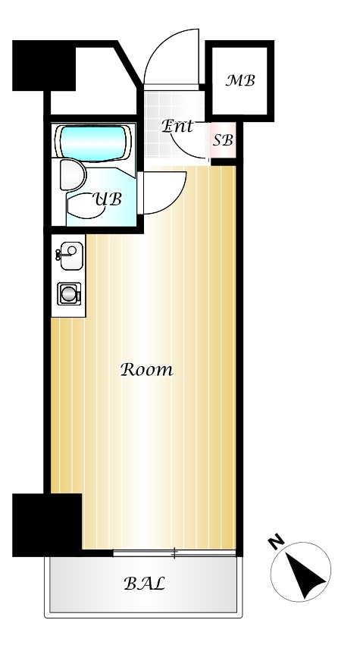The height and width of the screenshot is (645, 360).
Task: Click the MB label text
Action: point(240,80)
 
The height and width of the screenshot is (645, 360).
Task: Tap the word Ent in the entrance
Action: point(177,127)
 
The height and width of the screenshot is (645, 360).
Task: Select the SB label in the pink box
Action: point(223,141)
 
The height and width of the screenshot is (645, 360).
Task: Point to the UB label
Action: point(108,199)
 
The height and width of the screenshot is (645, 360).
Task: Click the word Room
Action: point(147,370)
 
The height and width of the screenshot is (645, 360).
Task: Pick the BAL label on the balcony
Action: point(145,584)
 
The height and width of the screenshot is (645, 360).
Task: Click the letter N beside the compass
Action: point(277,541)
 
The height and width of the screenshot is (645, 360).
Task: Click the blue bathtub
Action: point(93,143)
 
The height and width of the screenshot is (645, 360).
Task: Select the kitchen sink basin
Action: point(71,255)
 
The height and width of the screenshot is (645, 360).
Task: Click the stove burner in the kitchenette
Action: point(69,294)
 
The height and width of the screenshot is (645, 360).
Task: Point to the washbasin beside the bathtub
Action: point(72,175)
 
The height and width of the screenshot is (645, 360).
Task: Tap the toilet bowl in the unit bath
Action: point(85,206)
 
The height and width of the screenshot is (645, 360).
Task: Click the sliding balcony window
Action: point(174,553)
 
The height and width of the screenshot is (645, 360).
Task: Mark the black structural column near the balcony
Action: point(47,525)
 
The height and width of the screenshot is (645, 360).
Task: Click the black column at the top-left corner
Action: point(44,66)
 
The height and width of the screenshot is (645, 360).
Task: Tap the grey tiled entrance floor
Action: point(175,127)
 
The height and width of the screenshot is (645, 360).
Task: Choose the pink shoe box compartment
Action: point(223,140)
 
